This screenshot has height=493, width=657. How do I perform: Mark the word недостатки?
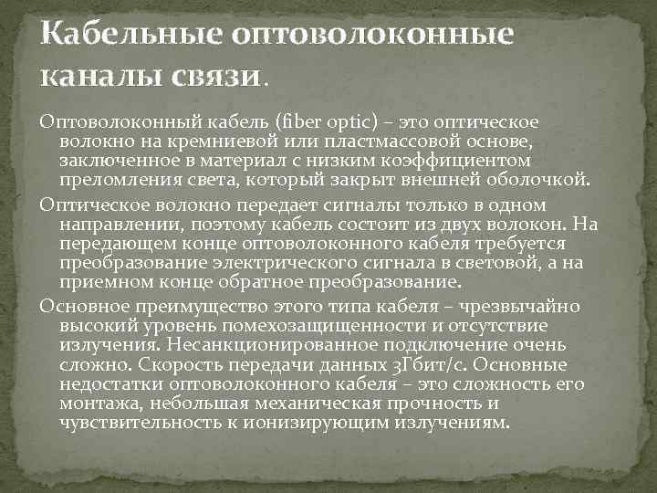116,383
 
